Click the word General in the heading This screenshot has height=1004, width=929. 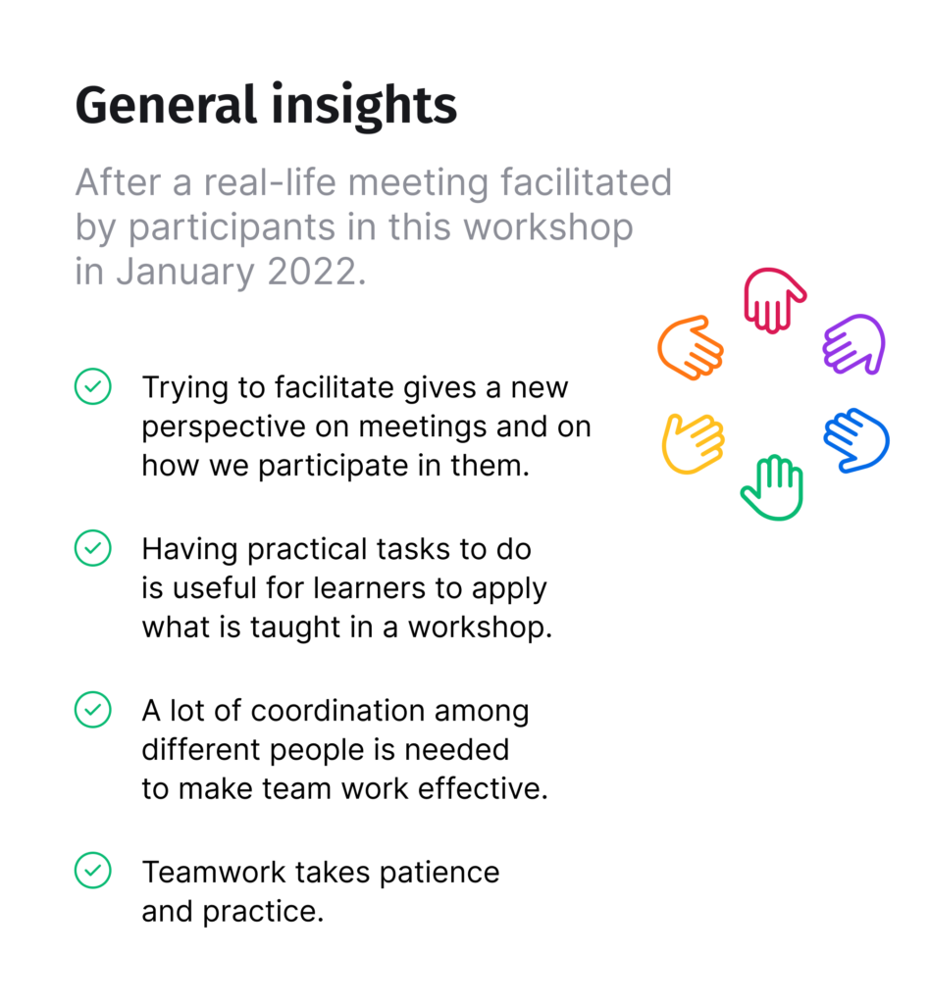[x=166, y=105]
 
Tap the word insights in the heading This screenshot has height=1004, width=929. [x=364, y=108]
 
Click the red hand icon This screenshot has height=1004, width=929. [x=773, y=299]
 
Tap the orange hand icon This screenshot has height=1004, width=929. [x=690, y=347]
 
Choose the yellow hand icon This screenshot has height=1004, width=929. [x=692, y=443]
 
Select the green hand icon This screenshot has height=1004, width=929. [x=772, y=486]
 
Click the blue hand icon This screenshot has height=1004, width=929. [x=856, y=440]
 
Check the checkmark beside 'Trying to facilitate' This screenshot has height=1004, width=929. [x=93, y=386]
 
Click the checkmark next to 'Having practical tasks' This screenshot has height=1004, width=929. [x=93, y=547]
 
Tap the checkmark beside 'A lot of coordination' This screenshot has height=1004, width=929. [x=93, y=709]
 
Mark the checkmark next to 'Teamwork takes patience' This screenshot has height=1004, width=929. [x=93, y=871]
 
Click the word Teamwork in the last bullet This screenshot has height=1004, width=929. [x=213, y=872]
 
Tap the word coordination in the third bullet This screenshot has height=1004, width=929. [x=337, y=711]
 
